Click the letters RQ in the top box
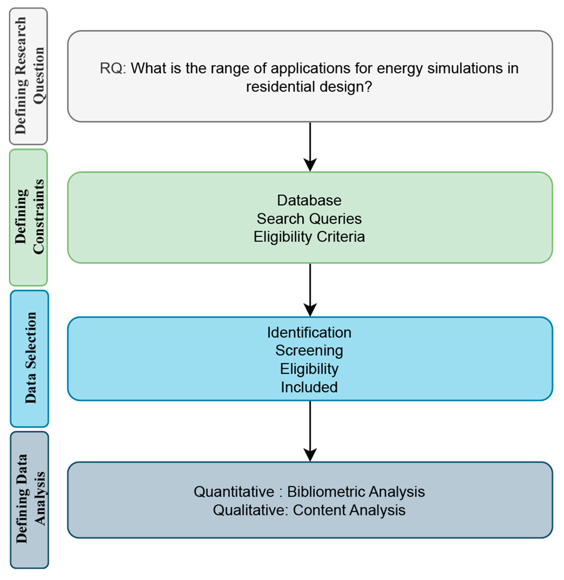111,69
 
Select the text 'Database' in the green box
309,200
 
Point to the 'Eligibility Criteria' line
309,237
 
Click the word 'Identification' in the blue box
309,333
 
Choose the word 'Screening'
309,351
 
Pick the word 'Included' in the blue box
309,387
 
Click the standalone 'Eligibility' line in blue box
309,369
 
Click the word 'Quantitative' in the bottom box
234,492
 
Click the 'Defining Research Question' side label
28,76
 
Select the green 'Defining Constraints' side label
28,217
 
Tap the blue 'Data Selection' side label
29,358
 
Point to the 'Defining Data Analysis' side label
29,500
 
